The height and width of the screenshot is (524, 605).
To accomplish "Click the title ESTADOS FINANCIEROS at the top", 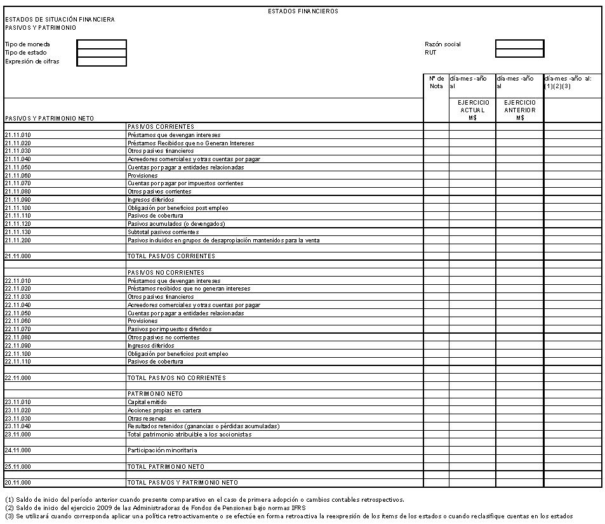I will [x=303, y=11].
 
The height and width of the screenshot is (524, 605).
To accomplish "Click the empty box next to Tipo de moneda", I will [x=102, y=44].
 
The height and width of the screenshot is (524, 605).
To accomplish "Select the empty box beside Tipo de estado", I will [x=102, y=53].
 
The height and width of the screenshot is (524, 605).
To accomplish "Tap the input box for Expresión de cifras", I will [x=102, y=62].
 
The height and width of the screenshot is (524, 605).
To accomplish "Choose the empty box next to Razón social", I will [x=519, y=44].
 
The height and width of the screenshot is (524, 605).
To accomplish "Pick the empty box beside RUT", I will [x=519, y=53].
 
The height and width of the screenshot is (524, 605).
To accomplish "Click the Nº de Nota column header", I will [x=436, y=82].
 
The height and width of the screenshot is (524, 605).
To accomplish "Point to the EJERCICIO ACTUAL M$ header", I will [x=472, y=110].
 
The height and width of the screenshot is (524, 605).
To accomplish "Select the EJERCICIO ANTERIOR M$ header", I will [x=519, y=110].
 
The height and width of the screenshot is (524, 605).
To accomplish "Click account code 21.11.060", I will [x=18, y=176].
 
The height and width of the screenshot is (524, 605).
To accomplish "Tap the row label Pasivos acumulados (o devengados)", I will [x=176, y=224].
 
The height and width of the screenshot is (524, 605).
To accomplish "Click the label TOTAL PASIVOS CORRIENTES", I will [x=171, y=256].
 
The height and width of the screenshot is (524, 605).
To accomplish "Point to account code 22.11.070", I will [x=18, y=329].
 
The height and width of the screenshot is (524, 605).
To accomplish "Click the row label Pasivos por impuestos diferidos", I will [x=170, y=329].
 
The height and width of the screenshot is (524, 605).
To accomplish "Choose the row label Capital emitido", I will [x=147, y=402].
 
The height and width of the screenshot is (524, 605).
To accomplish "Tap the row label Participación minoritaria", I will [x=162, y=450].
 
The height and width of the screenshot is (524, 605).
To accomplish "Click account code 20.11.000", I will [x=18, y=483].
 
